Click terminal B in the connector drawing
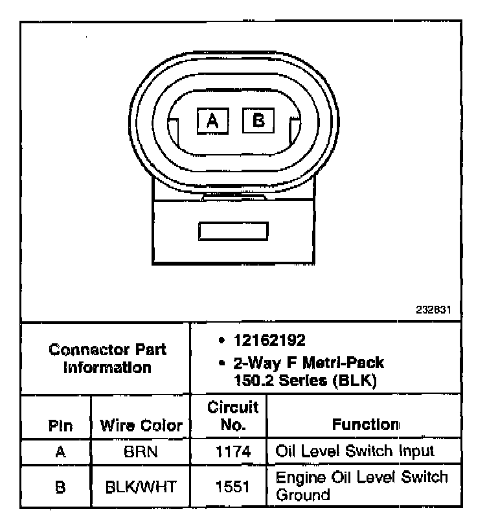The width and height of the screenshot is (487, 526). point(258,120)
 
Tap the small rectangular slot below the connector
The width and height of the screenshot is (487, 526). point(233,231)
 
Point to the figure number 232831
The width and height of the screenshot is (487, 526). point(433,310)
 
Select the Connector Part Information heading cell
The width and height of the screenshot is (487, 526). point(108,358)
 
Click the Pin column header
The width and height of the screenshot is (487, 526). point(60,426)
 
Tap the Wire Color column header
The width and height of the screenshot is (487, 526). point(141,426)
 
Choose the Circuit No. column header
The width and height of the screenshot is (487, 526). point(232,416)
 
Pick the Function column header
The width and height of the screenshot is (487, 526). point(365,425)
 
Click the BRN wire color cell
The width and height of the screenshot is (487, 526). point(141,452)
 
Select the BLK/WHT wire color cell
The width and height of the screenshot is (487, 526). point(141,486)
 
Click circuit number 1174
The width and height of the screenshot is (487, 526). point(232,452)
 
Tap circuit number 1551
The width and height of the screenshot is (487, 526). point(232,486)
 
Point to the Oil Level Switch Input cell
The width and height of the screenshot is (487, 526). point(355,450)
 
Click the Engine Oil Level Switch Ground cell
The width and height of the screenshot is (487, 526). point(361,486)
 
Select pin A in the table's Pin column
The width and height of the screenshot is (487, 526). point(60,452)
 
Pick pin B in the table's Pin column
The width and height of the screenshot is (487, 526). point(60,486)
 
